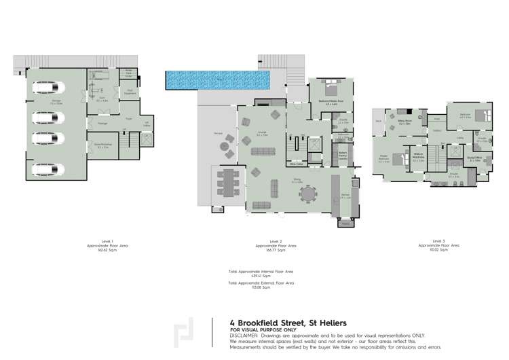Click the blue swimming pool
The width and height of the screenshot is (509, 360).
tap(217, 80)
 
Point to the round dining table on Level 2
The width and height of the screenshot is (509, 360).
tap(309, 194)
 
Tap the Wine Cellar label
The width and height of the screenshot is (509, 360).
tap(296, 164)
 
